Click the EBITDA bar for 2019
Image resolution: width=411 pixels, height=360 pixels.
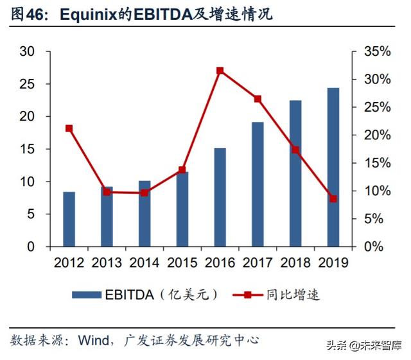pos(333,167)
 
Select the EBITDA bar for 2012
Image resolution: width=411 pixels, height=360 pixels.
pos(69,219)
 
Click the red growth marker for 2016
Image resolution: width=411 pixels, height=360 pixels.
pos(220,71)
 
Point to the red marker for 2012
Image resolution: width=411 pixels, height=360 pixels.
pos(69,128)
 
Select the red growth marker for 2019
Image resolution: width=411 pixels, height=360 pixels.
pos(333,199)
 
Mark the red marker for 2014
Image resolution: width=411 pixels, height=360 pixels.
pos(144,193)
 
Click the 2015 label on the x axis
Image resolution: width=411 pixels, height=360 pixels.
pos(182,262)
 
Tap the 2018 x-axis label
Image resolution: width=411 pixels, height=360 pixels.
pos(295,262)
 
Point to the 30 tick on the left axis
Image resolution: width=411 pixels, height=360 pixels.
pos(27,51)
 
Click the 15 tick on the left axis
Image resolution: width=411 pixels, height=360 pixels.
pos(27,150)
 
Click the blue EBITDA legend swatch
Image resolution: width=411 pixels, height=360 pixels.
pos(86,295)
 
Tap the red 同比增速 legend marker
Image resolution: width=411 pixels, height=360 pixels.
pos(247,295)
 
